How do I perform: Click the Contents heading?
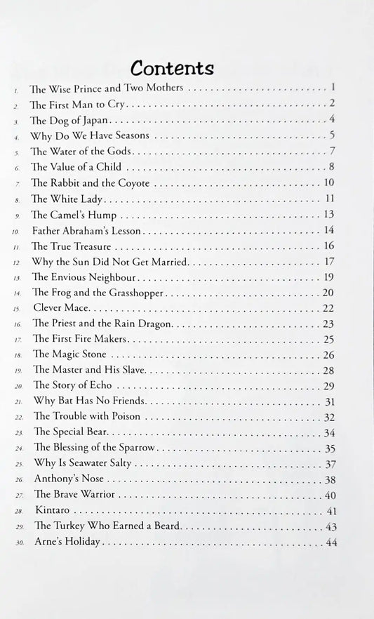[172, 68]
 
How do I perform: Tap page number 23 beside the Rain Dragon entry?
[328, 324]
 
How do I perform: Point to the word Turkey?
[71, 526]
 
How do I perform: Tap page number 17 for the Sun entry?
[328, 261]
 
